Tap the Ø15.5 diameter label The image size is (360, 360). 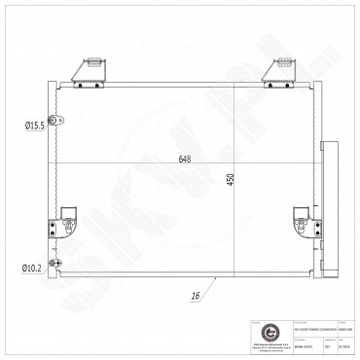(x=38, y=124)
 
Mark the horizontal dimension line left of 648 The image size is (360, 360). (x=97, y=162)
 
